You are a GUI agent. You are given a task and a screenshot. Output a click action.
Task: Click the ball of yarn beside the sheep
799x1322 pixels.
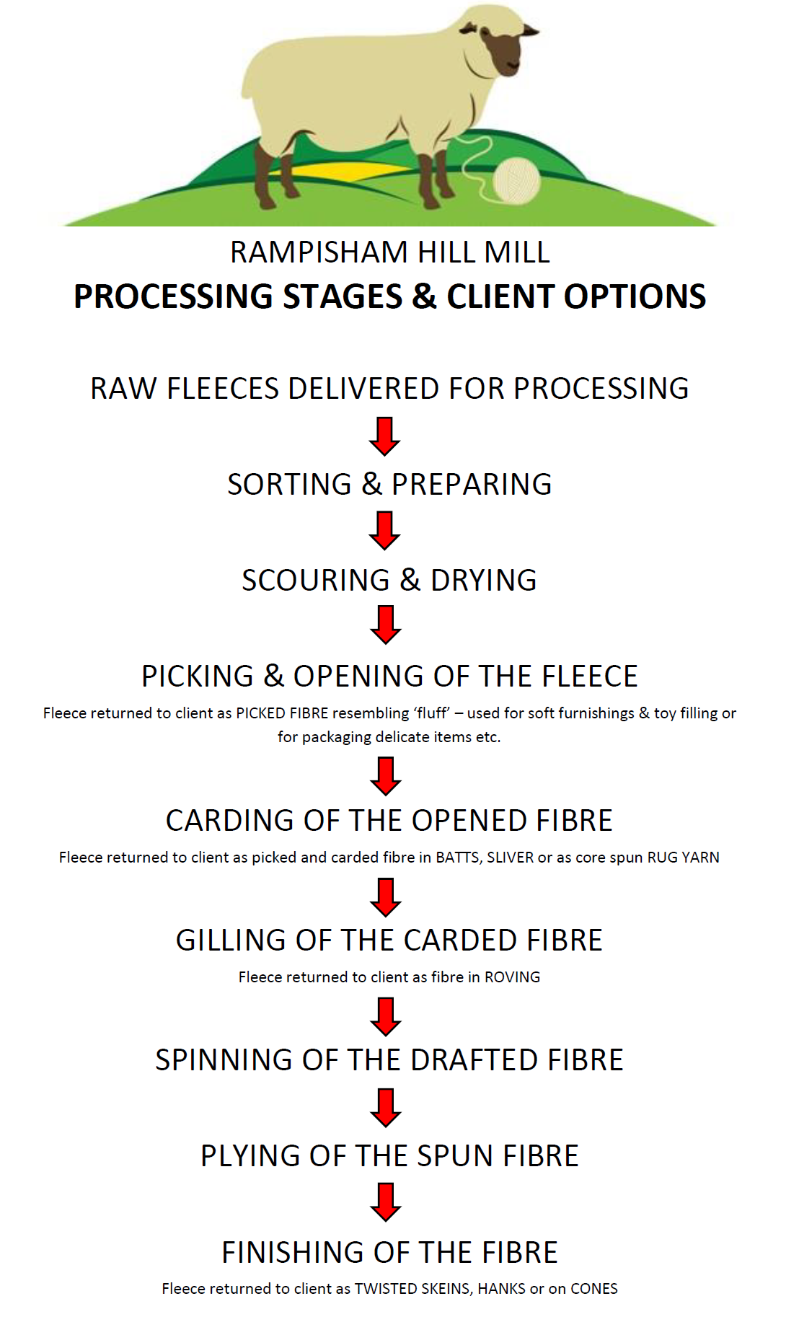click(516, 180)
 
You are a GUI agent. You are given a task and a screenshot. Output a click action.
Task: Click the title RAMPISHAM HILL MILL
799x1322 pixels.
click(389, 252)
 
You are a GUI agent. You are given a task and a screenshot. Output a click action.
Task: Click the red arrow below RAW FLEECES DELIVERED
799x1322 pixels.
click(385, 436)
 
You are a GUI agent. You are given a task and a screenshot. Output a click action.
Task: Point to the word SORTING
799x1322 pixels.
click(289, 485)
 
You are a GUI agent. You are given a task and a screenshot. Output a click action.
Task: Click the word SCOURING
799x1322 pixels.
click(315, 581)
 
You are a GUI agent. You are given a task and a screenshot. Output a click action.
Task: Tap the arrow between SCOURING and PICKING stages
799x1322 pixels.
click(385, 625)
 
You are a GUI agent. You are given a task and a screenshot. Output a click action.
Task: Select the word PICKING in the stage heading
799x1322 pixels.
click(197, 677)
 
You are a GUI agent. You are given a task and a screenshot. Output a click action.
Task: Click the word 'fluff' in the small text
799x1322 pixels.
click(431, 713)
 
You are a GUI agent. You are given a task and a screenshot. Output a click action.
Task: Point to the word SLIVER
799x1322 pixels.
click(510, 858)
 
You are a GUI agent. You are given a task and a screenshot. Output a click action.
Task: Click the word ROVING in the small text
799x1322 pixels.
click(512, 977)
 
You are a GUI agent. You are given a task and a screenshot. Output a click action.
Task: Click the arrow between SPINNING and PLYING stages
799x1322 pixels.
click(385, 1108)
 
